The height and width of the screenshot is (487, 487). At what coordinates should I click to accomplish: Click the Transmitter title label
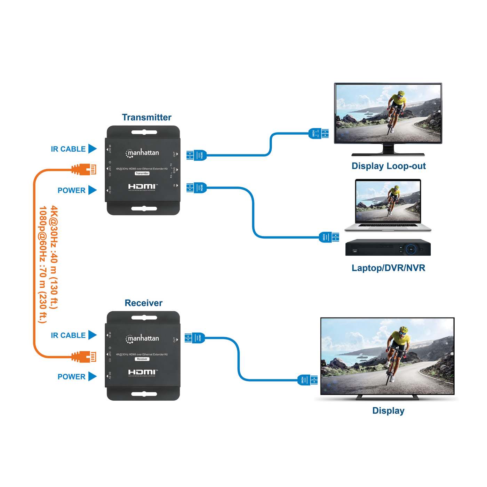(x=146, y=118)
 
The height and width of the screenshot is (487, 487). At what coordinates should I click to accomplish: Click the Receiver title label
(x=143, y=303)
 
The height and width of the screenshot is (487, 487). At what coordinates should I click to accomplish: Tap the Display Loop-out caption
(x=389, y=166)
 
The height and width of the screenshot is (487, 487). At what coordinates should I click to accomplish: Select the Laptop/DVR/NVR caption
(x=388, y=268)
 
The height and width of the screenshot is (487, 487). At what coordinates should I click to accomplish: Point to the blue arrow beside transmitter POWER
(x=92, y=190)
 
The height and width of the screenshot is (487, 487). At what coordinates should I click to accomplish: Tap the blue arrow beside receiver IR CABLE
(x=92, y=335)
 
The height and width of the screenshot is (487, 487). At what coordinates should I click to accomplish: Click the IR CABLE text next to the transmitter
(x=68, y=149)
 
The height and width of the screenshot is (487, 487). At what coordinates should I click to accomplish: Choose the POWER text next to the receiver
(x=71, y=377)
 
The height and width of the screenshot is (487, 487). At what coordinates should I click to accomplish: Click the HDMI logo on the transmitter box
(x=143, y=187)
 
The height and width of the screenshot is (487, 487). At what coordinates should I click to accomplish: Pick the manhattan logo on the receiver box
(x=142, y=338)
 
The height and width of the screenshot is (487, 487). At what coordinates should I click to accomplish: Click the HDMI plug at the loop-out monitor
(x=318, y=133)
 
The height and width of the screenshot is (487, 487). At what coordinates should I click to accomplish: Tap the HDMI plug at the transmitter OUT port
(x=197, y=155)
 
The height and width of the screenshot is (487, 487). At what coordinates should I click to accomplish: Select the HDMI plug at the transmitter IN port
(x=197, y=188)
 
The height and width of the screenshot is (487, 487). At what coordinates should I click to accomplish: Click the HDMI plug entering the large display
(x=308, y=380)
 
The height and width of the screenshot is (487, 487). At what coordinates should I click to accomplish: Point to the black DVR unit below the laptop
(x=388, y=247)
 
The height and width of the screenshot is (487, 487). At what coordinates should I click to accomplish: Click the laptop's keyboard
(x=388, y=225)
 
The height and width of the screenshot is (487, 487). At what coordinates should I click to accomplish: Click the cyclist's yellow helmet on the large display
(x=404, y=329)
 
